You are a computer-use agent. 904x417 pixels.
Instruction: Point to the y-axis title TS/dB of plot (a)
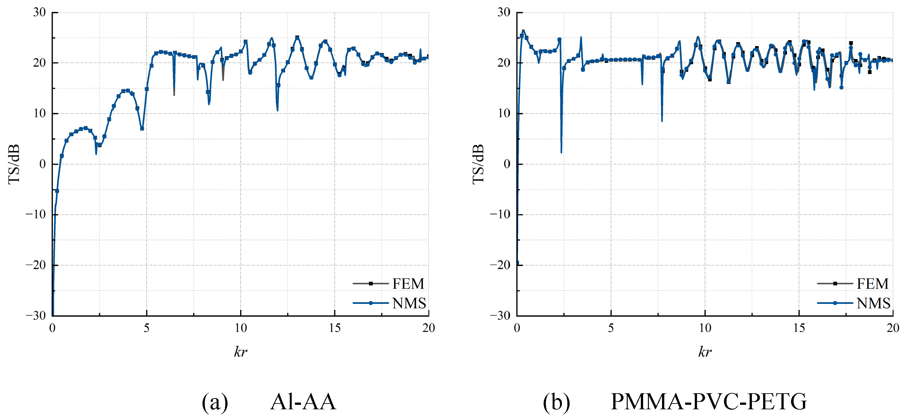tap(14, 164)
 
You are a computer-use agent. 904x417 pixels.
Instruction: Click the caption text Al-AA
tap(303, 402)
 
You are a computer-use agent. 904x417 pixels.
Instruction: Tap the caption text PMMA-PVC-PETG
tap(709, 402)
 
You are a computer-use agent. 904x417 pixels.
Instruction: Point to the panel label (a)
tap(215, 402)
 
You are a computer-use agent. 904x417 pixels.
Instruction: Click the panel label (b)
tap(556, 402)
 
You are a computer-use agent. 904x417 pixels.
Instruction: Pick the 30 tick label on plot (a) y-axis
tap(39, 12)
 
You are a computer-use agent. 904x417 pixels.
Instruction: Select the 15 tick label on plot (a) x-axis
tap(334, 328)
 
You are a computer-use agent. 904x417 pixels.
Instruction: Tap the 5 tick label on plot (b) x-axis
tap(611, 328)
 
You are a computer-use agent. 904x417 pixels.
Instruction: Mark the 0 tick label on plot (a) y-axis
tap(42, 164)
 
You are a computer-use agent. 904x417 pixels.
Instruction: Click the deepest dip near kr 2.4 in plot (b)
tap(561, 151)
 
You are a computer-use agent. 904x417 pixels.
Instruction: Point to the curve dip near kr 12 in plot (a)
tap(278, 110)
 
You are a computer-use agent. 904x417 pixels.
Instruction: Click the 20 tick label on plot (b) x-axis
tap(892, 328)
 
